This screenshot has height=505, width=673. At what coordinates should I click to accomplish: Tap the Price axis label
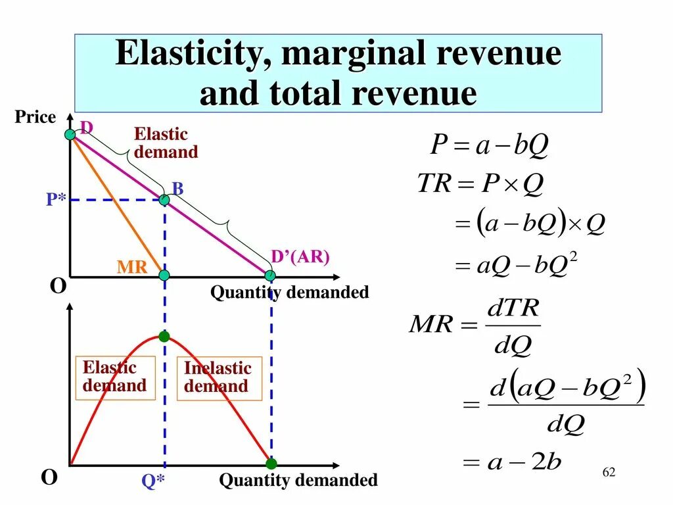pyautogui.click(x=35, y=117)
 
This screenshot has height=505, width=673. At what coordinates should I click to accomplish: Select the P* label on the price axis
pyautogui.click(x=56, y=199)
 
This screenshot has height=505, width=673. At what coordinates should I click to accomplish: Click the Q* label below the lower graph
pyautogui.click(x=153, y=481)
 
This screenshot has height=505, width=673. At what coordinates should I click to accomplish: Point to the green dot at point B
pyautogui.click(x=164, y=199)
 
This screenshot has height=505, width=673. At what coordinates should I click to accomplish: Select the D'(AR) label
pyautogui.click(x=300, y=257)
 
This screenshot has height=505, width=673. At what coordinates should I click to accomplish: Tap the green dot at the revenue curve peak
pyautogui.click(x=164, y=337)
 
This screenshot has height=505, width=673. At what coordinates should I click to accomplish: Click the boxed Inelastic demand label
pyautogui.click(x=219, y=377)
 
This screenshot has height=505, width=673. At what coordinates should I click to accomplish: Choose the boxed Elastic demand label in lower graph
pyautogui.click(x=114, y=377)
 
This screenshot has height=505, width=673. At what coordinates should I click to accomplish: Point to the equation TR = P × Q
pyautogui.click(x=480, y=184)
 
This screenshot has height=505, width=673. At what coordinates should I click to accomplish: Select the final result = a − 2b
pyautogui.click(x=512, y=462)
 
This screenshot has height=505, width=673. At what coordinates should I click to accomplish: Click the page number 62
pyautogui.click(x=609, y=473)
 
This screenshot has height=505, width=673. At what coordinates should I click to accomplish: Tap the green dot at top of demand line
pyautogui.click(x=70, y=135)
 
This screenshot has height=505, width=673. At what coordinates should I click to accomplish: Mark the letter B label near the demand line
pyautogui.click(x=177, y=189)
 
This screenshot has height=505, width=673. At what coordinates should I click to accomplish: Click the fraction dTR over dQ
pyautogui.click(x=513, y=325)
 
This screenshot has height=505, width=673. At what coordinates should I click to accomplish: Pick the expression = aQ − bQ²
pyautogui.click(x=515, y=266)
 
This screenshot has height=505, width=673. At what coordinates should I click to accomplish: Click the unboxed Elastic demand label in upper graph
pyautogui.click(x=166, y=143)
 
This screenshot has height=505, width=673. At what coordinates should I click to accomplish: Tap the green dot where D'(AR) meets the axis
pyautogui.click(x=271, y=275)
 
